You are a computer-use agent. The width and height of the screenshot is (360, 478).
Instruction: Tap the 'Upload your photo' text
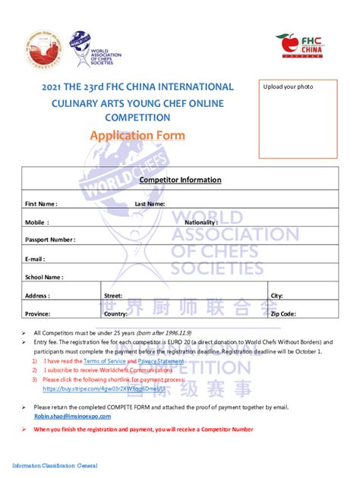tap(288, 87)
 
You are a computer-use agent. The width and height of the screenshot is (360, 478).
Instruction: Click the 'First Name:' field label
tap(41, 204)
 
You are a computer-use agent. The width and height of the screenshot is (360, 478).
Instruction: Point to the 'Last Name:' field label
tap(150, 204)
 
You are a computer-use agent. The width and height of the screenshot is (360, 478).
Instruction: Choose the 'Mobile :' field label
tap(37, 222)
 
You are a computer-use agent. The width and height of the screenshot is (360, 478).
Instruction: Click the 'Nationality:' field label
tap(201, 222)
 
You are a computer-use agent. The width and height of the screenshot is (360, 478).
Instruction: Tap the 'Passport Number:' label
tap(50, 241)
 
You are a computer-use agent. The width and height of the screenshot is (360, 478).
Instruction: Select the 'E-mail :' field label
tap(37, 259)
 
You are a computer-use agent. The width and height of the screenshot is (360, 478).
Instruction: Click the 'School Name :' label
tap(44, 277)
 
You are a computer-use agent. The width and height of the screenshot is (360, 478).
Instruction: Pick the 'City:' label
tap(276, 295)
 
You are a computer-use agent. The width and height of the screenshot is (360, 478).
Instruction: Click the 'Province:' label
tap(38, 313)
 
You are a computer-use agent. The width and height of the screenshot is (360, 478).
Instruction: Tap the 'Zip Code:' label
tap(283, 313)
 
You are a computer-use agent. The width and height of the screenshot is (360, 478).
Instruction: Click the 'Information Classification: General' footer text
tap(55, 465)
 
